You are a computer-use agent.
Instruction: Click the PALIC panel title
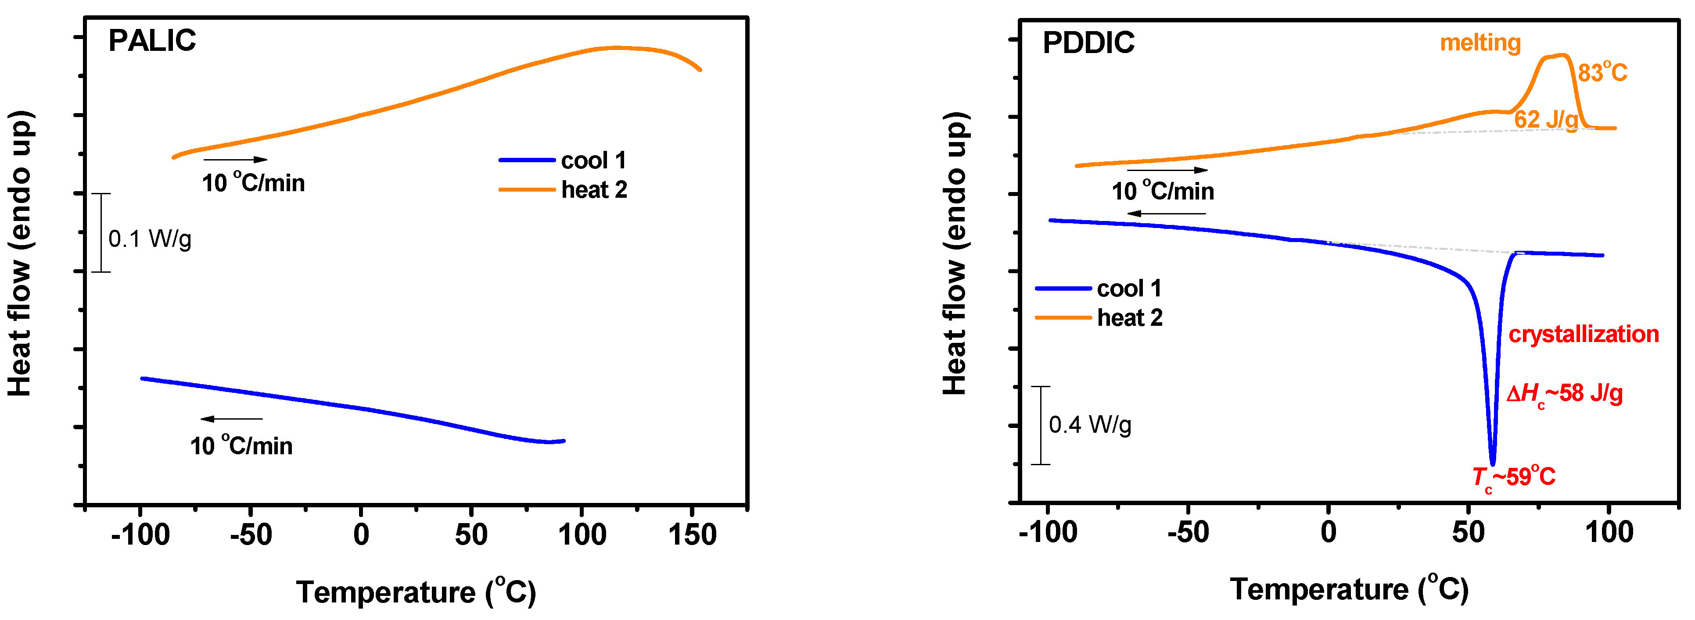(152, 41)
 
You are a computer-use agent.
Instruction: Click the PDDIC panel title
(1088, 43)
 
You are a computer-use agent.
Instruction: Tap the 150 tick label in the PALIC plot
(692, 534)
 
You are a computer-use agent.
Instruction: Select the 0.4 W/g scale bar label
(1090, 425)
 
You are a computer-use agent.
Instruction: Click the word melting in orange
(1480, 43)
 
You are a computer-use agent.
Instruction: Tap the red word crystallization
(1583, 334)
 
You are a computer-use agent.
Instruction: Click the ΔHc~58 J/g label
(1564, 394)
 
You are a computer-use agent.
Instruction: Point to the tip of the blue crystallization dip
(1492, 463)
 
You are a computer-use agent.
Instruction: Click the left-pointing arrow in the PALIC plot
(232, 419)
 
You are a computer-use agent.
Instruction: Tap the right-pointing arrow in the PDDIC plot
(1167, 170)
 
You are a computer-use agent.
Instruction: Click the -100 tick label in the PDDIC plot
(1048, 532)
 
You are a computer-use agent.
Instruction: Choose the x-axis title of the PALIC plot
(416, 592)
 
